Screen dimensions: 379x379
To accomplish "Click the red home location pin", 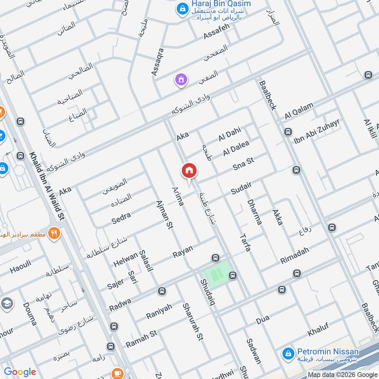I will pyautogui.click(x=189, y=171).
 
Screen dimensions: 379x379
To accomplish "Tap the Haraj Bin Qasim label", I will pyautogui.click(x=221, y=4).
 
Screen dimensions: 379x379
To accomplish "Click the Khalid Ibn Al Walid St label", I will pyautogui.click(x=47, y=184).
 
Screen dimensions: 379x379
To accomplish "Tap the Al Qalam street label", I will pyautogui.click(x=299, y=112).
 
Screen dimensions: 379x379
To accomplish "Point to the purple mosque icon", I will pyautogui.click(x=180, y=81).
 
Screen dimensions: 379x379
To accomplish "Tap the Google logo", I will pyautogui.click(x=20, y=372).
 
